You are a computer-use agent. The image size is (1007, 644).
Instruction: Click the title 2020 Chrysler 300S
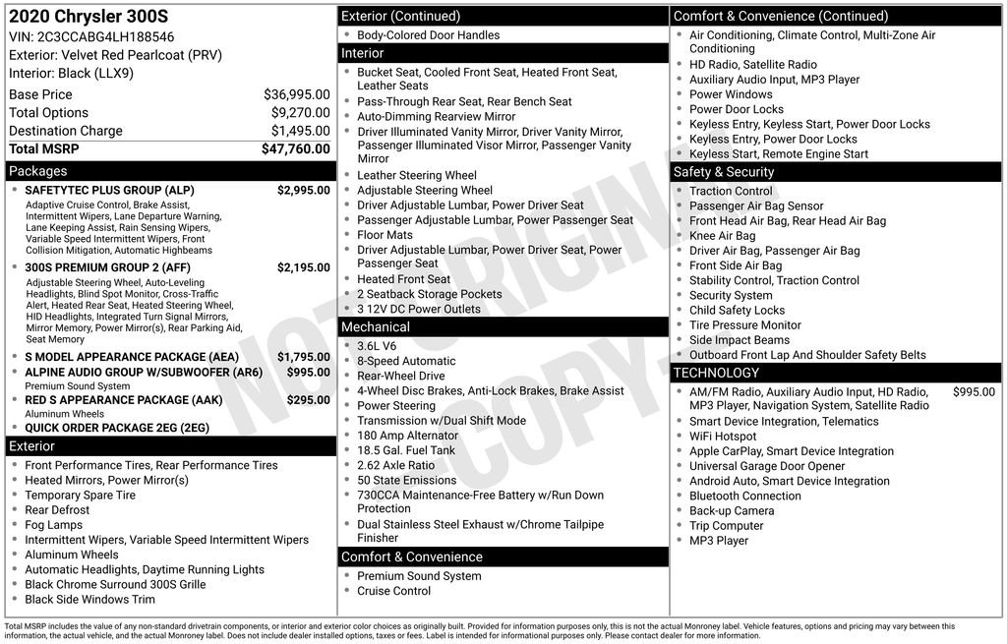click(75, 17)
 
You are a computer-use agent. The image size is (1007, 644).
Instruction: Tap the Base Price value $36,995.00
click(296, 94)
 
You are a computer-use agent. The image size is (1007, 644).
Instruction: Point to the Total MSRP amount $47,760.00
click(295, 149)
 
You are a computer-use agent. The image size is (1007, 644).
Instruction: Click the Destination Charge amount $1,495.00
click(300, 131)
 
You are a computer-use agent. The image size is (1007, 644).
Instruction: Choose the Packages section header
click(38, 171)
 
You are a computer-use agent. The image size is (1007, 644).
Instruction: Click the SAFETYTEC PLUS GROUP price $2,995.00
click(303, 190)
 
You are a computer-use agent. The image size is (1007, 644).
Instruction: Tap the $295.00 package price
click(308, 400)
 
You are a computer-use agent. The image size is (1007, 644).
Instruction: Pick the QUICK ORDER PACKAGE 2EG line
click(117, 428)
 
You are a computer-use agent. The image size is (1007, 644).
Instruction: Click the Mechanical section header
click(375, 326)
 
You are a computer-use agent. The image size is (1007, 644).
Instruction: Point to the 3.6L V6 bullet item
click(377, 346)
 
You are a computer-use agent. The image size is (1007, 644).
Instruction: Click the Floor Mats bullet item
click(385, 235)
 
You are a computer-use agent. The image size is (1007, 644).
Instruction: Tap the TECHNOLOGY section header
click(716, 373)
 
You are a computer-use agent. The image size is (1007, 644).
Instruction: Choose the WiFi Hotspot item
click(723, 437)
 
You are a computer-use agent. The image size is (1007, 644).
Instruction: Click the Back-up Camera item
click(732, 510)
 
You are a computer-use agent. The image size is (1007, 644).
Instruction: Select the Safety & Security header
click(724, 171)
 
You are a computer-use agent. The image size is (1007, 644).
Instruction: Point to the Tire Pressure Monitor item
click(744, 324)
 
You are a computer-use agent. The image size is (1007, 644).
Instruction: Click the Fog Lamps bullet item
click(53, 525)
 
